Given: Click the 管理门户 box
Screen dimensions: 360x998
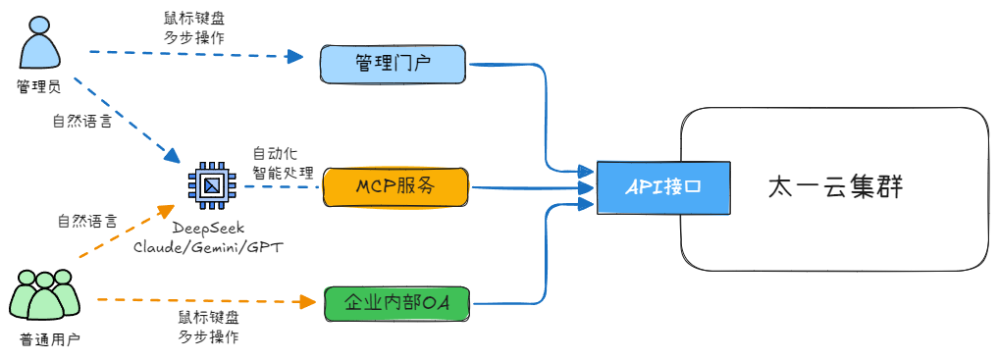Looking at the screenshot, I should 394,65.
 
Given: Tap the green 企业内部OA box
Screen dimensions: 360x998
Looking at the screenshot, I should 396,305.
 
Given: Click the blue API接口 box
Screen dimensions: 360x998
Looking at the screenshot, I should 663,186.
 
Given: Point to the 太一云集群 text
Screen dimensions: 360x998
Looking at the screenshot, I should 834,186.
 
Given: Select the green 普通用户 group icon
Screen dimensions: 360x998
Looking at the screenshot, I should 44,294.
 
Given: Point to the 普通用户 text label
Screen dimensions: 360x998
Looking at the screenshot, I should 49,339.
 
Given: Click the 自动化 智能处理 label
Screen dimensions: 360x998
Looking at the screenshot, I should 283,163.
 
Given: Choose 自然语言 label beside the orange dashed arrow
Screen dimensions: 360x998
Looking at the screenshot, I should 86,222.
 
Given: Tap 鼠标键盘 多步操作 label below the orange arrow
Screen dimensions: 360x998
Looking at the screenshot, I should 208,327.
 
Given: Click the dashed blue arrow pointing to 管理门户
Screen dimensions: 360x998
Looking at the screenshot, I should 196,54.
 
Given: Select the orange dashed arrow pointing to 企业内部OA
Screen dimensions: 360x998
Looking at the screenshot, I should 196,300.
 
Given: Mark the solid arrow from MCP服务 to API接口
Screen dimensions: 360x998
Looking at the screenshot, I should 530,186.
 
